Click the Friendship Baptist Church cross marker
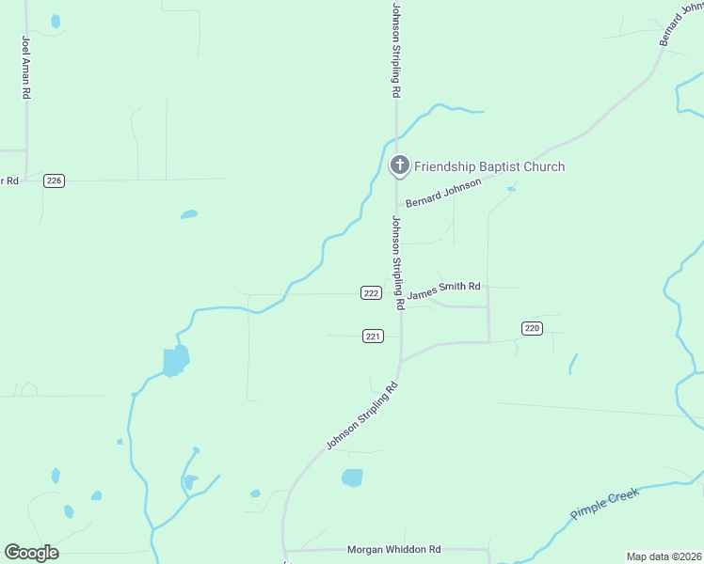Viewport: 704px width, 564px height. tap(399, 166)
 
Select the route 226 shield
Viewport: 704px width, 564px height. tap(54, 180)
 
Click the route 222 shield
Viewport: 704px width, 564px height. tap(371, 293)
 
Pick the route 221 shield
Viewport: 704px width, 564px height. tap(373, 337)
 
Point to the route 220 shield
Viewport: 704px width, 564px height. tap(532, 328)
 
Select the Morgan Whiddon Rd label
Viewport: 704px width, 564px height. tap(393, 549)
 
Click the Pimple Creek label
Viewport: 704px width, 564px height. tap(604, 504)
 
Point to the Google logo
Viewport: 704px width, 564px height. tap(31, 553)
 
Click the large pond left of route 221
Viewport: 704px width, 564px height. tap(175, 360)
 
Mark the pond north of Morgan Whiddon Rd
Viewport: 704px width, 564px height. tap(351, 478)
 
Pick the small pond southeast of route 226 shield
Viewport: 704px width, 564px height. tap(189, 214)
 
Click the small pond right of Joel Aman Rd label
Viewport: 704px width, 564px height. tap(56, 21)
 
